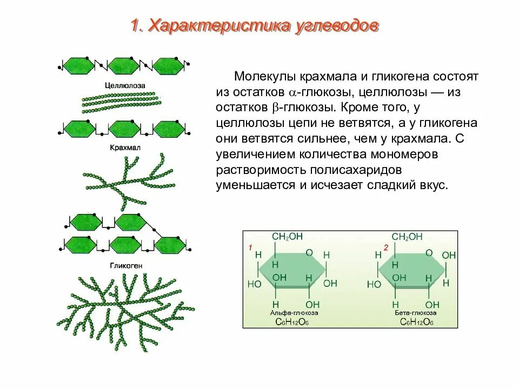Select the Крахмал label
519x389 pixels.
(123, 147)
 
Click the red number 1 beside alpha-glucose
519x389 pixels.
(250, 247)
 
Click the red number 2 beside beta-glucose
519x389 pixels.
(386, 247)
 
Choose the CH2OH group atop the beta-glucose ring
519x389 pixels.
(407, 237)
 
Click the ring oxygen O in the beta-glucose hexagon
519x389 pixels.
(428, 252)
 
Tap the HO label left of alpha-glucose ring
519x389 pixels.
(254, 283)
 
